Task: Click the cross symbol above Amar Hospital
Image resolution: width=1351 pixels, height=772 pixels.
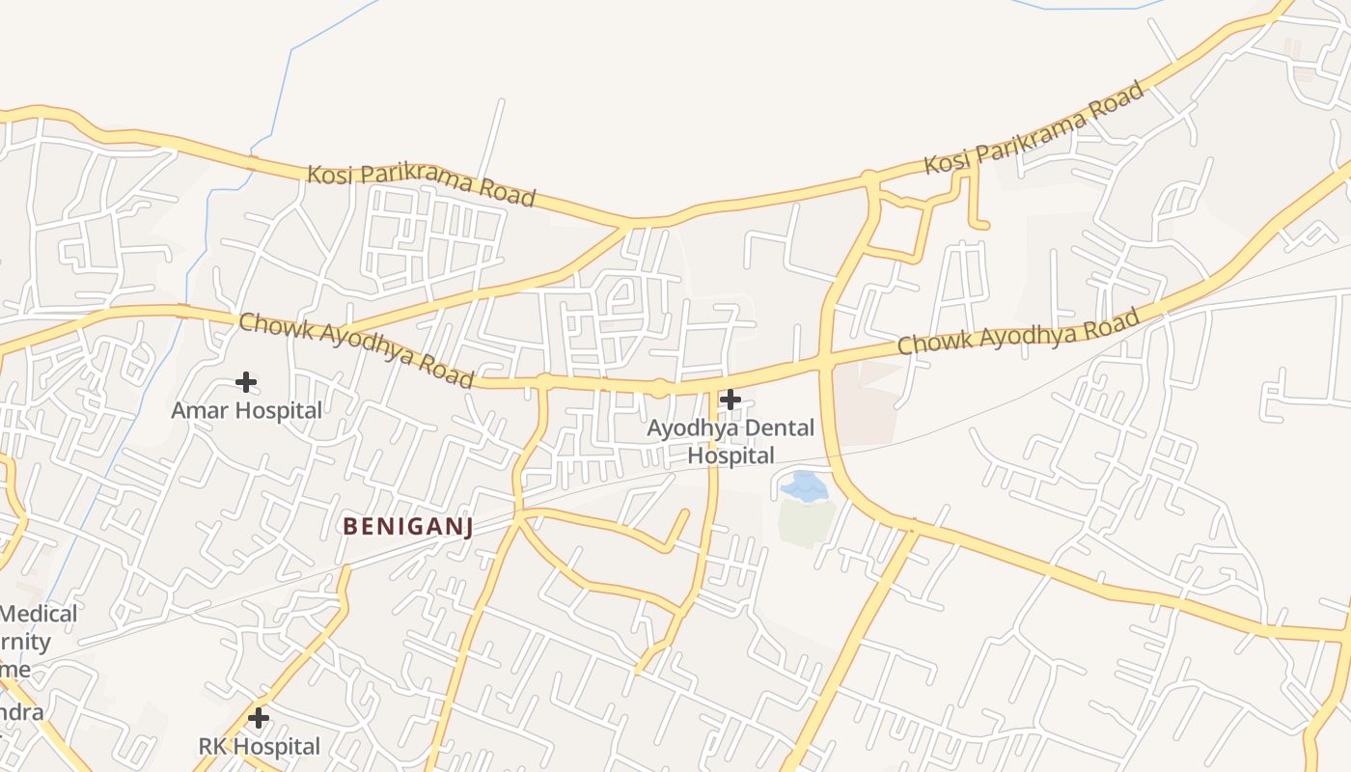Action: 246,382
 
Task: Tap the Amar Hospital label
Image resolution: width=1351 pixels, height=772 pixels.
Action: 247,410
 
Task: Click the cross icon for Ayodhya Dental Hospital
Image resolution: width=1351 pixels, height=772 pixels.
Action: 731,399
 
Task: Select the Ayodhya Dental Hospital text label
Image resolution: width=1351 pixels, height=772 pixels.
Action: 731,441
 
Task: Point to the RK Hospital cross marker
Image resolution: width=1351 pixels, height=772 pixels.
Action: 258,718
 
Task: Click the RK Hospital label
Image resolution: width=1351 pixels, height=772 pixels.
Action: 259,746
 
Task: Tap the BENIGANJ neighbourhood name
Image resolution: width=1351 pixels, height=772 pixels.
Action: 408,526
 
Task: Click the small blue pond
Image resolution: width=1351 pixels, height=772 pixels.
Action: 805,486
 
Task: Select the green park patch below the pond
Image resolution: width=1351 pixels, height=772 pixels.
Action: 806,521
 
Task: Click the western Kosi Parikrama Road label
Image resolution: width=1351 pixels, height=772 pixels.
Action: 421,185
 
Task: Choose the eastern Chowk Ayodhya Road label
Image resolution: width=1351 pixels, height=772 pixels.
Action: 1019,330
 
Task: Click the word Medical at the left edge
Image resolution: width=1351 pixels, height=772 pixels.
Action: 39,614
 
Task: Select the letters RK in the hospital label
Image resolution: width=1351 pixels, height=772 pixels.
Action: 214,746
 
